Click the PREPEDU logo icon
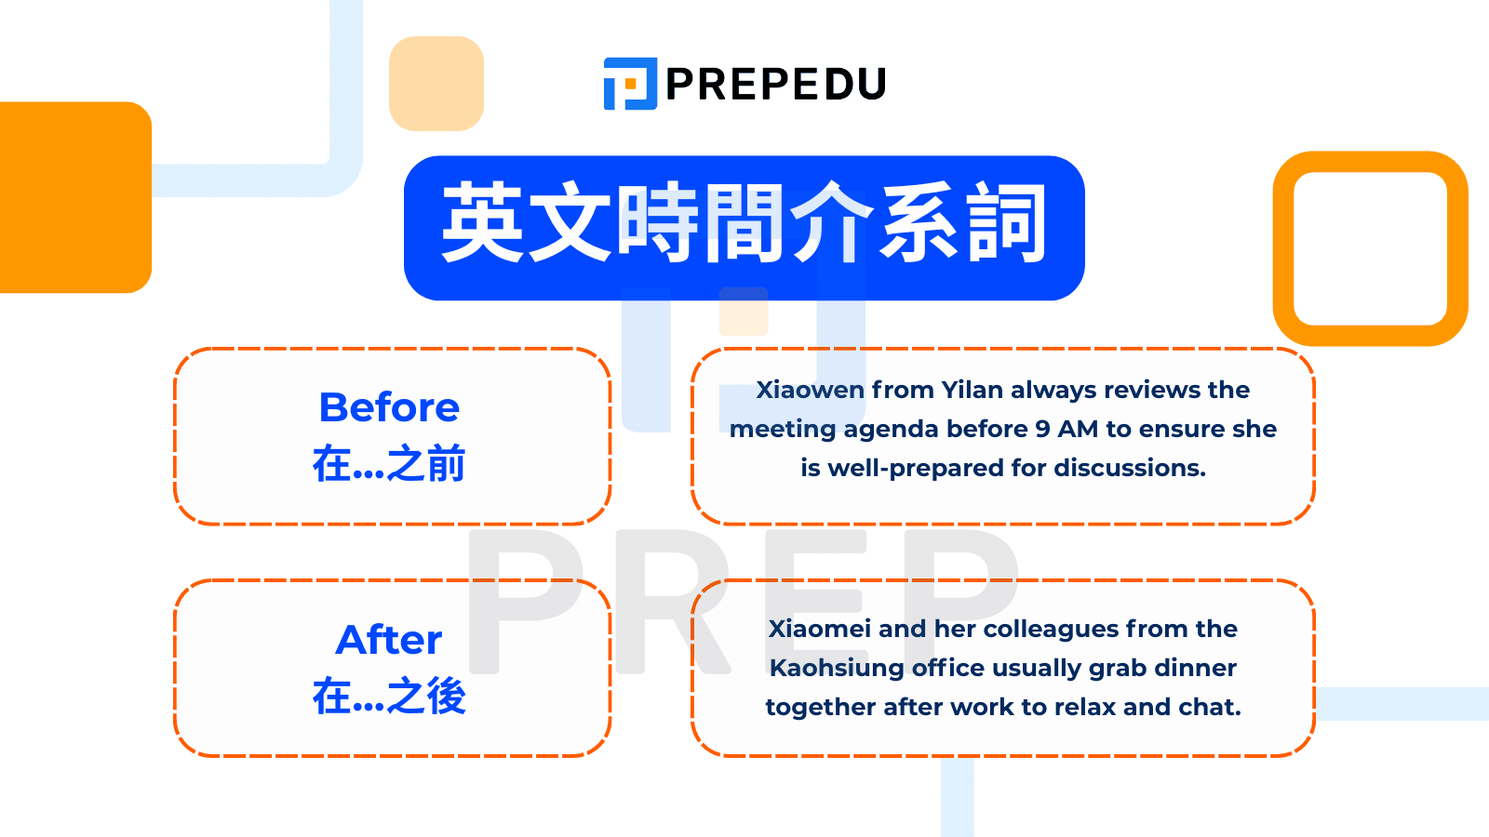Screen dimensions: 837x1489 coord(630,84)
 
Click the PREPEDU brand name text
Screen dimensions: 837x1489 coord(776,85)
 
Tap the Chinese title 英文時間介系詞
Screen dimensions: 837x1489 coord(744,224)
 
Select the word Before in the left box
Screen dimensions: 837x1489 coord(389,407)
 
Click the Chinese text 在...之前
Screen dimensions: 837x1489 coord(389,463)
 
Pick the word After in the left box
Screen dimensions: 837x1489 coord(389,640)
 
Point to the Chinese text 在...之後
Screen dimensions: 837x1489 coord(389,696)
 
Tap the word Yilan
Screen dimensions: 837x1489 coord(972,390)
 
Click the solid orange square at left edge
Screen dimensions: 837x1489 coord(74,197)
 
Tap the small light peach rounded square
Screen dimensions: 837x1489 coord(436,84)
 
